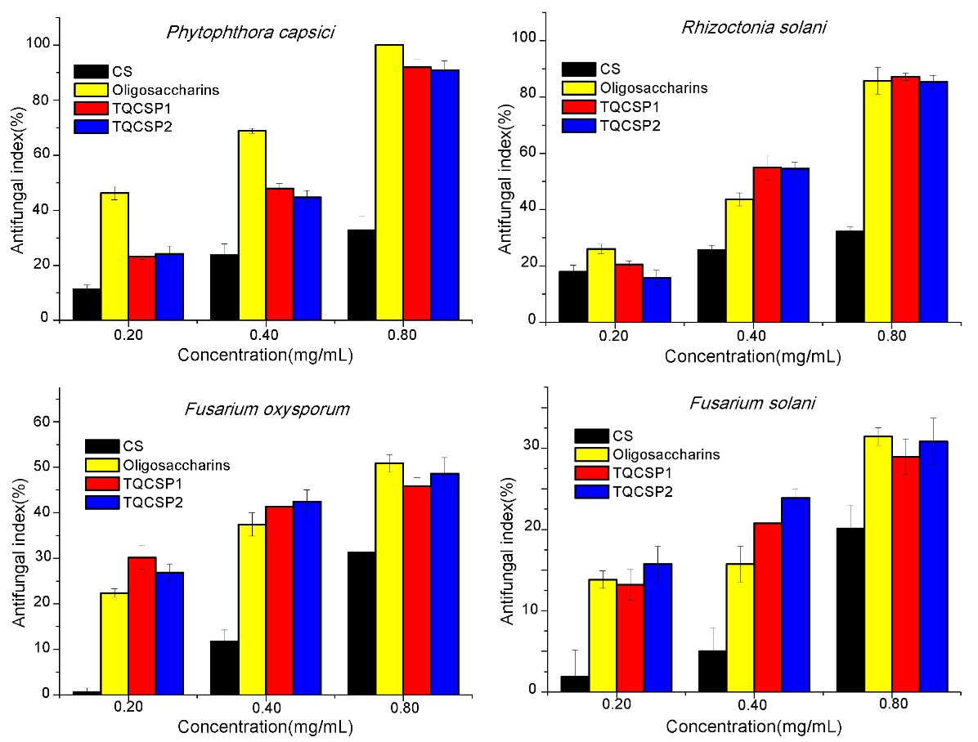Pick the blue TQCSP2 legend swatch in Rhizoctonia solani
(578, 125)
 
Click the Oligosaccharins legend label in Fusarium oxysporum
(176, 465)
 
